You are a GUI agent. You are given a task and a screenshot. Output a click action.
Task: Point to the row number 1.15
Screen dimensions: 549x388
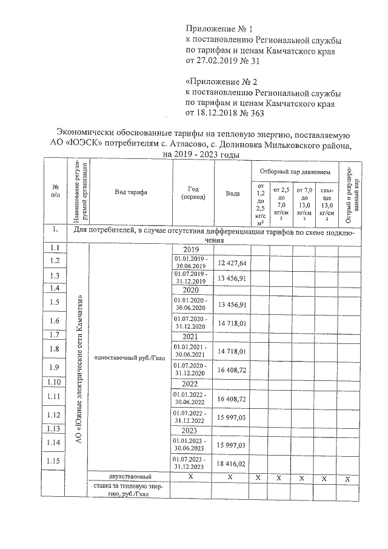55,462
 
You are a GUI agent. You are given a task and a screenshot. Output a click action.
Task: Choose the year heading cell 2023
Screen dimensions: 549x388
190,430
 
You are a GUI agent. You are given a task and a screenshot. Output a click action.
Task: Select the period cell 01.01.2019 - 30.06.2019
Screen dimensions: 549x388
190,262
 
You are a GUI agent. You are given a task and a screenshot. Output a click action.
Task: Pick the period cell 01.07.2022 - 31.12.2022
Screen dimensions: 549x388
190,415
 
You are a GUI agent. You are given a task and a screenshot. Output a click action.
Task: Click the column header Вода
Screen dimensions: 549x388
232,193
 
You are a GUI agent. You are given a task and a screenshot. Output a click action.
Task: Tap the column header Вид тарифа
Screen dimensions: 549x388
131,192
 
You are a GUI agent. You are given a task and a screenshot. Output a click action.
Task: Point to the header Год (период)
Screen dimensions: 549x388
190,193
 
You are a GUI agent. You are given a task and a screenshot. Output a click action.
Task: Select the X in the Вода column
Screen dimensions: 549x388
232,478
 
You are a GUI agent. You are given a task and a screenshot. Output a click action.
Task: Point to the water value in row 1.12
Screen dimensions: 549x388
232,415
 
